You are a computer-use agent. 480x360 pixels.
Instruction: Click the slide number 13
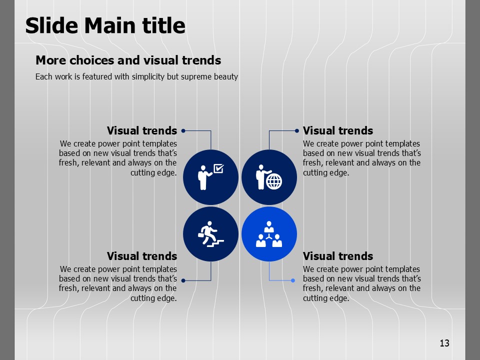click(x=444, y=343)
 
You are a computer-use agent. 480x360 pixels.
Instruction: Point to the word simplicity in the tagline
click(x=148, y=76)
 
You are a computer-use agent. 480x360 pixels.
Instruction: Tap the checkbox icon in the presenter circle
click(x=218, y=168)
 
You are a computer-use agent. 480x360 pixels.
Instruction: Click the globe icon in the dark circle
click(x=274, y=181)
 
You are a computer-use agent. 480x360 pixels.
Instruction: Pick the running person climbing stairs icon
click(x=210, y=234)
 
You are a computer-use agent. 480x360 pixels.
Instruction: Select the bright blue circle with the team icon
click(x=269, y=234)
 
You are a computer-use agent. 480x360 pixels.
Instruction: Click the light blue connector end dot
click(x=293, y=280)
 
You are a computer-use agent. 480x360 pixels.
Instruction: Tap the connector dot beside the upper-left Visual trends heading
click(x=183, y=130)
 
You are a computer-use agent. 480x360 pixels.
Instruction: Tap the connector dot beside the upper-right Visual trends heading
click(x=296, y=130)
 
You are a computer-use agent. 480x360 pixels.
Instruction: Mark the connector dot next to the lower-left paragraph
click(x=183, y=280)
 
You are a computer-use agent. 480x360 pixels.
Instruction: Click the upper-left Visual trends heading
click(x=142, y=130)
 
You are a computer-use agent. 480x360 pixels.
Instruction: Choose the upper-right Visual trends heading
click(x=338, y=130)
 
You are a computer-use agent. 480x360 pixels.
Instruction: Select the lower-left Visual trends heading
click(x=142, y=256)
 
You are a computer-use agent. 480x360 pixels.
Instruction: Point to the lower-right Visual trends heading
click(x=338, y=256)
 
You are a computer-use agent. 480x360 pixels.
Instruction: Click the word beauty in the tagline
click(x=226, y=76)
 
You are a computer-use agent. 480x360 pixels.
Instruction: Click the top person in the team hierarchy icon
click(x=269, y=227)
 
